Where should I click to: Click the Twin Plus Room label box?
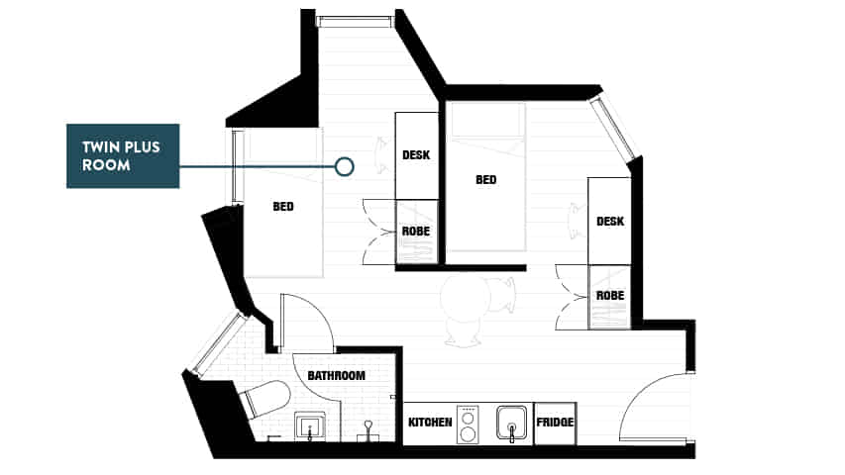click(122, 155)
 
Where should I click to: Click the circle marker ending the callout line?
click(344, 166)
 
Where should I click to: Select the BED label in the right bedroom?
click(485, 180)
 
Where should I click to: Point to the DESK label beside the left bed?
click(416, 155)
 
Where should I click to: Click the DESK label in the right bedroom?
click(609, 221)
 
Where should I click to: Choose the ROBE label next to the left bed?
click(416, 231)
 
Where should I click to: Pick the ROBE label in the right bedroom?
click(609, 295)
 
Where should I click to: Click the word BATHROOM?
click(336, 376)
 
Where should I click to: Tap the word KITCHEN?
click(430, 423)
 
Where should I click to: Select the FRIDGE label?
click(555, 423)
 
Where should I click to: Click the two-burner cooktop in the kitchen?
click(469, 423)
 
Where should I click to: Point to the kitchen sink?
click(512, 422)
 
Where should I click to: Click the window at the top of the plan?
click(354, 20)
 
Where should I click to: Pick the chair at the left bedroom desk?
click(381, 155)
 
